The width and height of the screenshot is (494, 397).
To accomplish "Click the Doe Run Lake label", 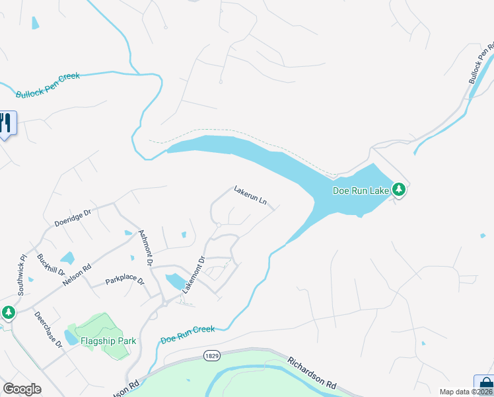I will [361, 191].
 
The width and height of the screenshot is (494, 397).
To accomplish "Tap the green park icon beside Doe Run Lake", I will [399, 190].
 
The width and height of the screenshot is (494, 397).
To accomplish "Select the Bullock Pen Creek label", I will [48, 85].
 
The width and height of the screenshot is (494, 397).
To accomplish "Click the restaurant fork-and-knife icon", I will [5, 122].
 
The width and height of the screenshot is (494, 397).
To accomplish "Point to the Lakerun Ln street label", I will [250, 195].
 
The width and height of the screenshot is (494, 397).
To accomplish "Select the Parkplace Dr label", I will [125, 281].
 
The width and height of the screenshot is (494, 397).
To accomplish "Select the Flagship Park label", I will [108, 341].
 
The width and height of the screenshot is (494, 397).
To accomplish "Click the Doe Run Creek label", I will [188, 334].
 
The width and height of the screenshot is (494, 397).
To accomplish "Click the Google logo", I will [22, 389].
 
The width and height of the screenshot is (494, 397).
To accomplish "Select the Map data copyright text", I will [466, 392].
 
